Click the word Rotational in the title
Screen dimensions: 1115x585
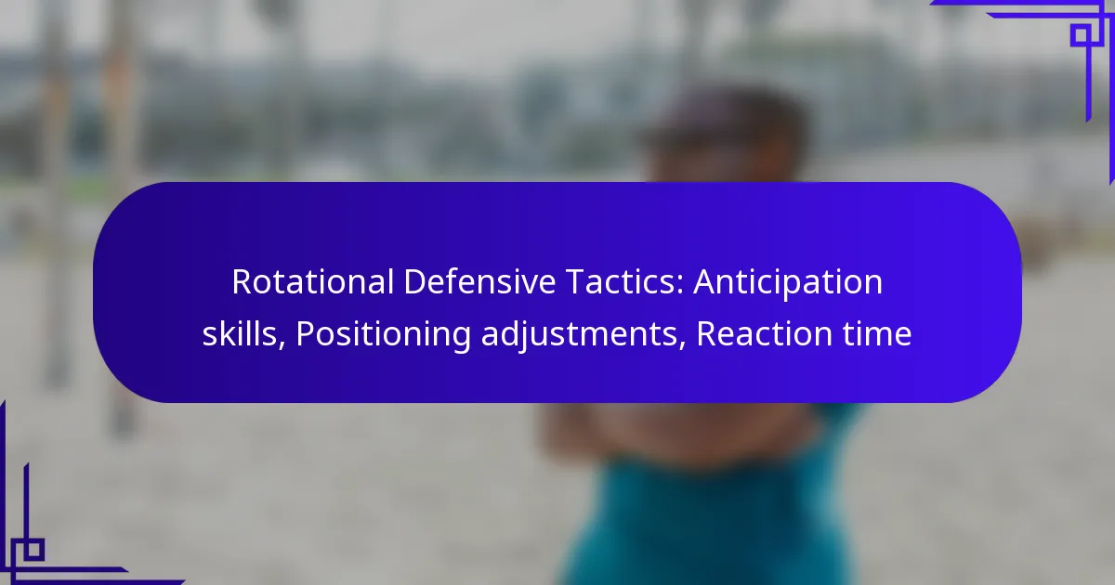pos(313,282)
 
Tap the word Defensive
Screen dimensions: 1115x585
pos(479,282)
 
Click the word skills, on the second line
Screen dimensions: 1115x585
pos(243,333)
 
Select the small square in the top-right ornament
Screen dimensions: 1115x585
pos(1082,35)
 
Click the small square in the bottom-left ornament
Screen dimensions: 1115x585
pos(33,549)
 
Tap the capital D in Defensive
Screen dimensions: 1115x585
pos(414,282)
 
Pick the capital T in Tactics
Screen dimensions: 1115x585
pos(576,282)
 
